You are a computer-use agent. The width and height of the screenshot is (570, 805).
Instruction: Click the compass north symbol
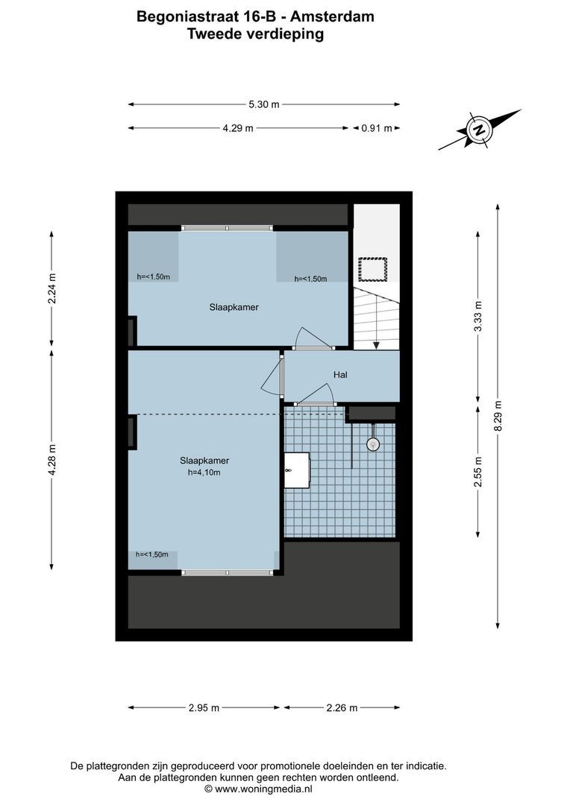[x=480, y=130]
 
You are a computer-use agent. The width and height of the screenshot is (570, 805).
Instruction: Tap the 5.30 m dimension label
[x=264, y=104]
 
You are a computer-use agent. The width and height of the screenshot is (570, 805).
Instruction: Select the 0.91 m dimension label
[x=377, y=128]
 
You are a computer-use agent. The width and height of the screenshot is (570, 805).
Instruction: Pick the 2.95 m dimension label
[x=204, y=708]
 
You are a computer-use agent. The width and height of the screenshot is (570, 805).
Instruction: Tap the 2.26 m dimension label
[x=342, y=708]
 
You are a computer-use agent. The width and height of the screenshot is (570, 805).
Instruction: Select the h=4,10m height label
[x=204, y=472]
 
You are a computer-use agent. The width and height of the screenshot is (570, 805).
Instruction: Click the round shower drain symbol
[x=372, y=444]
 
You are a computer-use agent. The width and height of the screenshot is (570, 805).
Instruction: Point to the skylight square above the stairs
[x=373, y=268]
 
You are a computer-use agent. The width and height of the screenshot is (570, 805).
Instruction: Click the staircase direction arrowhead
[x=377, y=345]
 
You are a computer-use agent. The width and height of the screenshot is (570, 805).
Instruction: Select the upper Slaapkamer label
[x=234, y=306]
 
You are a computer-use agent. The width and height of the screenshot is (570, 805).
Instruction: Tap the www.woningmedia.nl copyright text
[x=258, y=788]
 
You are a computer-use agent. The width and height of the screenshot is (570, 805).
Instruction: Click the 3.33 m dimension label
[x=477, y=315]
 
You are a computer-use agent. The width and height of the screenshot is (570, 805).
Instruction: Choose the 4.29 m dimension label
[x=238, y=128]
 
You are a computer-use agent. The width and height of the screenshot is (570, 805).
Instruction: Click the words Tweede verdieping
[x=256, y=34]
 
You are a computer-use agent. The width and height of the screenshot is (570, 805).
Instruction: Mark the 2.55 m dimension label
[x=477, y=472]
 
